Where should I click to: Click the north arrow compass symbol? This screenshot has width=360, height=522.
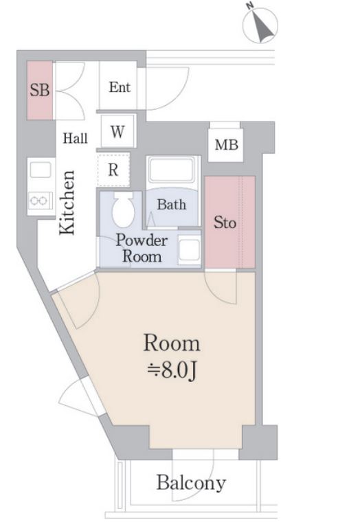pyautogui.click(x=260, y=24)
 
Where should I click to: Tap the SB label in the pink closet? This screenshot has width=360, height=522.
pyautogui.click(x=40, y=90)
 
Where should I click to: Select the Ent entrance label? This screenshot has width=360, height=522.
pyautogui.click(x=120, y=87)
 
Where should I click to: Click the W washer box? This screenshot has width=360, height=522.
pyautogui.click(x=117, y=131)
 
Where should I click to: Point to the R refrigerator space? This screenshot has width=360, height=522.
pyautogui.click(x=113, y=170)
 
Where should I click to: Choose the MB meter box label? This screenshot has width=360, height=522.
pyautogui.click(x=227, y=145)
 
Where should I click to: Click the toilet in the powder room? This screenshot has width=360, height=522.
pyautogui.click(x=123, y=209)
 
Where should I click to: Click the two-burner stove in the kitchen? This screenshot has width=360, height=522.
pyautogui.click(x=41, y=201)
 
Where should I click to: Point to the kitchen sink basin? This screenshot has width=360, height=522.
pyautogui.click(x=41, y=170)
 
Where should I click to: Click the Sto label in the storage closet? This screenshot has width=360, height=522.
pyautogui.click(x=225, y=223)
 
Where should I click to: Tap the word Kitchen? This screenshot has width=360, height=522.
pyautogui.click(x=67, y=203)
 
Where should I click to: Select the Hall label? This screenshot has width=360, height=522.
pyautogui.click(x=76, y=138)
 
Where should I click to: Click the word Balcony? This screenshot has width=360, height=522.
pyautogui.click(x=191, y=483)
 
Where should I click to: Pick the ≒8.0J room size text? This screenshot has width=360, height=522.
pyautogui.click(x=172, y=370)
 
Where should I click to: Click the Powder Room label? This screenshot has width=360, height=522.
pyautogui.click(x=142, y=249)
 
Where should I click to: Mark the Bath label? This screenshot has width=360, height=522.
pyautogui.click(x=172, y=205)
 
